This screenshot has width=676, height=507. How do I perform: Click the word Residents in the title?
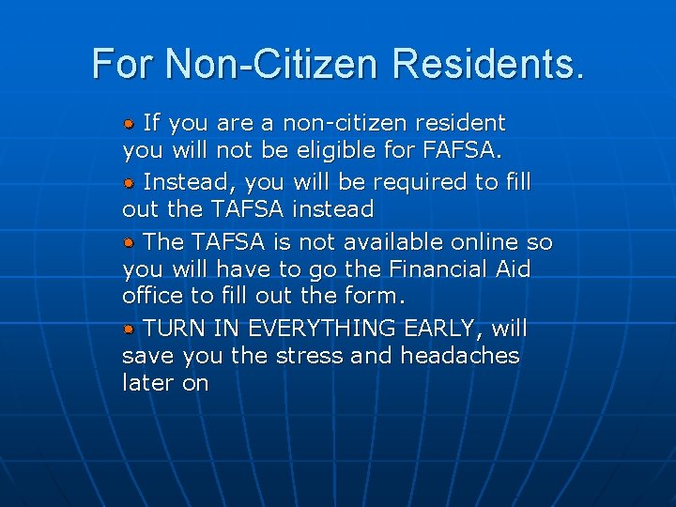pos(488,64)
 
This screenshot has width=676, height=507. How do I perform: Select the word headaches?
pos(459,356)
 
